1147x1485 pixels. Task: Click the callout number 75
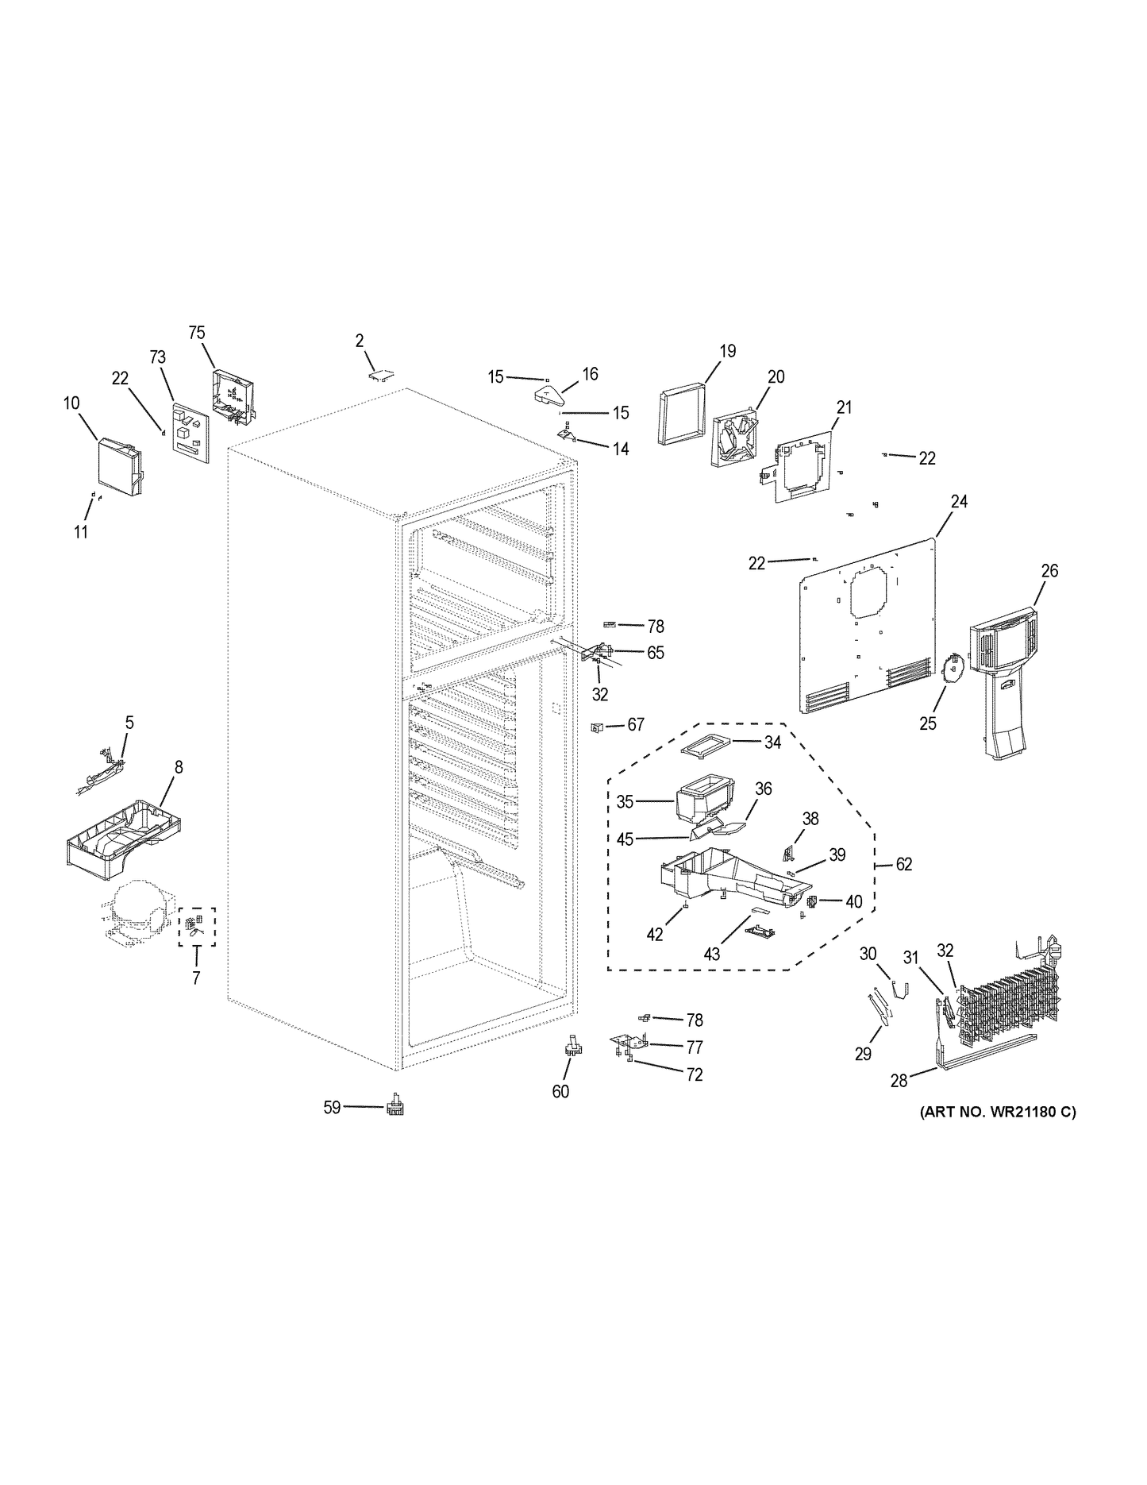click(x=197, y=333)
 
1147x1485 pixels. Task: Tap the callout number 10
click(x=71, y=403)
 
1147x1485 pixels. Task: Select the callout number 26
click(x=1049, y=571)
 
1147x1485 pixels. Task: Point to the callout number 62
click(x=904, y=864)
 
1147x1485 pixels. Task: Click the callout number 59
click(x=332, y=1107)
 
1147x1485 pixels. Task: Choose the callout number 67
click(x=636, y=724)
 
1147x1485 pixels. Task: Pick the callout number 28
click(x=899, y=1081)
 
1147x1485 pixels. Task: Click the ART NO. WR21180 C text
click(x=998, y=1113)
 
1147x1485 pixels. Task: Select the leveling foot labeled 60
click(x=572, y=1047)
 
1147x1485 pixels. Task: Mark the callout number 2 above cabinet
click(x=360, y=341)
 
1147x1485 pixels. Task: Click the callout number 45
click(x=625, y=839)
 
